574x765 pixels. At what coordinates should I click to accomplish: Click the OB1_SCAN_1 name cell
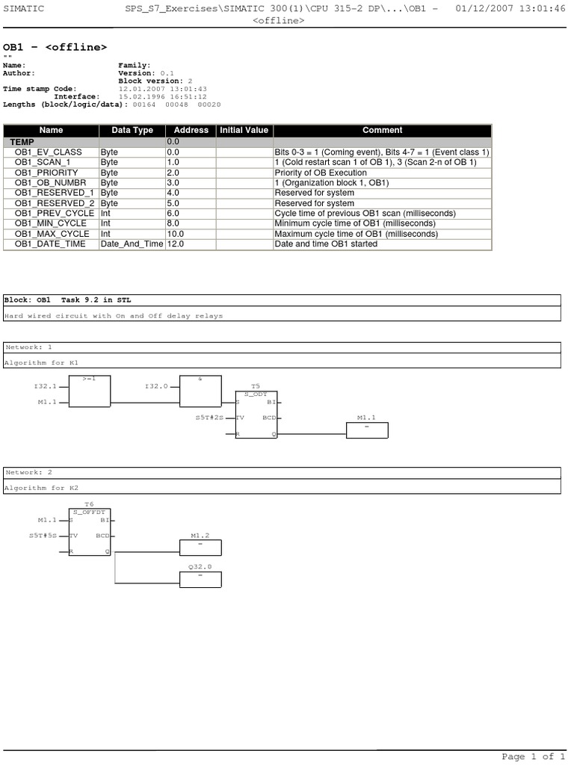click(x=43, y=162)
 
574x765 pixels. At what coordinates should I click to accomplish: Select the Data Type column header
click(x=132, y=130)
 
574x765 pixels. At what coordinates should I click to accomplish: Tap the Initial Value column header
click(x=244, y=130)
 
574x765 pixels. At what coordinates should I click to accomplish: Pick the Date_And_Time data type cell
click(x=132, y=244)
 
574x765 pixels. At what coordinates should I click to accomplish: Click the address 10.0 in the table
click(x=176, y=234)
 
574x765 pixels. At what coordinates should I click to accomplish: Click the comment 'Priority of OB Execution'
click(x=321, y=173)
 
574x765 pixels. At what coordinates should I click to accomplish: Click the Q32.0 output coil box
click(x=200, y=578)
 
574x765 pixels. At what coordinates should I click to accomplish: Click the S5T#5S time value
click(x=43, y=536)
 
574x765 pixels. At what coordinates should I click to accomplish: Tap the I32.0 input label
click(x=155, y=386)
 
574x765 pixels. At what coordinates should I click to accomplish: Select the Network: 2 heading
click(x=29, y=472)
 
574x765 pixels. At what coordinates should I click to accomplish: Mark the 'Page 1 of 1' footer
click(x=533, y=757)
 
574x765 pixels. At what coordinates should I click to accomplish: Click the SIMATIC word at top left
click(x=23, y=8)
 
